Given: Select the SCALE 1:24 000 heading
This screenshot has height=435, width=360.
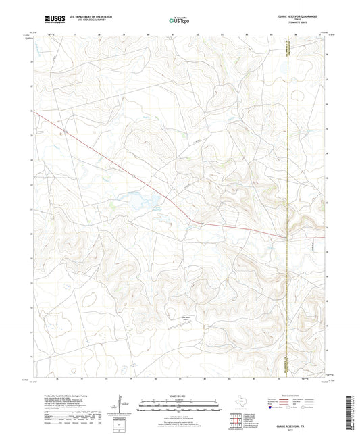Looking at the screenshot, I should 179,396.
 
